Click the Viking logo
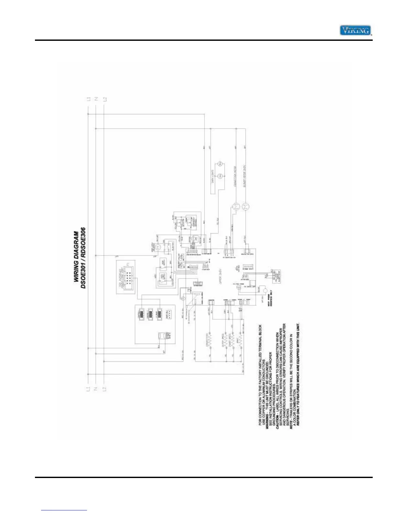tap(355, 30)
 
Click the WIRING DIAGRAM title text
tap(76, 256)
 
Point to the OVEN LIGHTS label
tap(213, 177)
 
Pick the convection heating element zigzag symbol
tap(210, 340)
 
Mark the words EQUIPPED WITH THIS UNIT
tap(298, 343)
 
